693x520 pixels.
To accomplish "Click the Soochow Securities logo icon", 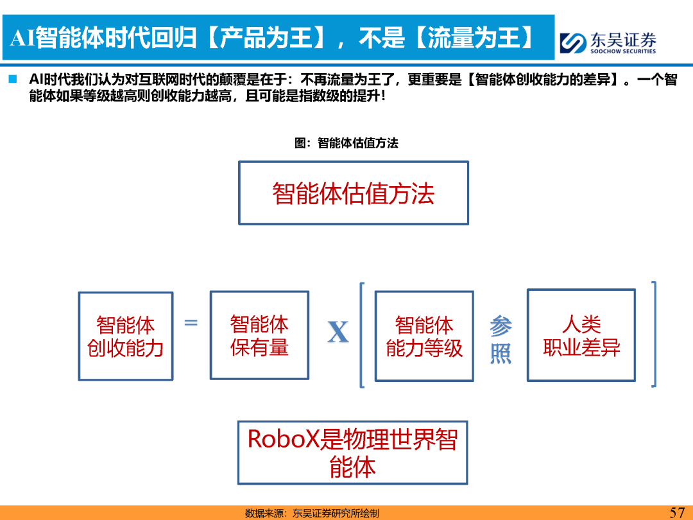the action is (573, 43).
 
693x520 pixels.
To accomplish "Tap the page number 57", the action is (677, 512).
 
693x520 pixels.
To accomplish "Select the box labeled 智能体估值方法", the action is (353, 193).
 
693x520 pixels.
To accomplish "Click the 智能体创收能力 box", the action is (126, 336).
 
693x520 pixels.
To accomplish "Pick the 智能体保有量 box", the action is (259, 335).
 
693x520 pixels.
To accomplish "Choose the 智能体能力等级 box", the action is (424, 336).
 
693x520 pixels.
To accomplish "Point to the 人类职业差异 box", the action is (581, 335).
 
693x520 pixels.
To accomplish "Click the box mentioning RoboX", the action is (353, 453).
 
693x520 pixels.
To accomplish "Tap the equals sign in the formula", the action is (191, 323).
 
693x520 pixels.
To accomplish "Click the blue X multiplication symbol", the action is (338, 332).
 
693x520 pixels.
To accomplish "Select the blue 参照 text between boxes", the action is (501, 340).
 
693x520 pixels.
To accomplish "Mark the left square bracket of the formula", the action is (362, 334).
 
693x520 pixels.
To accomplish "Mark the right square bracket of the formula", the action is (654, 334).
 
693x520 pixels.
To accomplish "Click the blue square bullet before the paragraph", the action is (13, 80).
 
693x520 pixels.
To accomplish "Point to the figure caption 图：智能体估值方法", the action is (346, 143).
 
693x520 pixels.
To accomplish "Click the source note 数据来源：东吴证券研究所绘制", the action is (312, 514).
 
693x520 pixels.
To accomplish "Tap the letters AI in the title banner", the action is (22, 38).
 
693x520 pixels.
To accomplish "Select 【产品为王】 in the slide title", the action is (267, 38).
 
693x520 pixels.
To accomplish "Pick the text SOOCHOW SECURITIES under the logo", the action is (623, 51).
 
